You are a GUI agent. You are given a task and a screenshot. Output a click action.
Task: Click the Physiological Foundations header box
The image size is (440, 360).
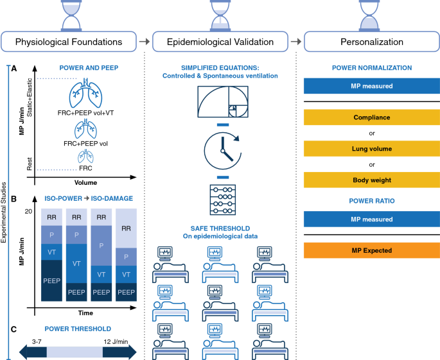click(x=69, y=42)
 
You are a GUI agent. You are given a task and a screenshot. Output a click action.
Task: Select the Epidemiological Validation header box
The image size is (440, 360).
click(x=220, y=42)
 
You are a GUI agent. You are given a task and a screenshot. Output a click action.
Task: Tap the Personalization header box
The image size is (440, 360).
click(x=372, y=42)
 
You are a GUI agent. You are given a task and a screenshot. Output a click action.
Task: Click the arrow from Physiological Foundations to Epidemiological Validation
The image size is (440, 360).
click(x=145, y=42)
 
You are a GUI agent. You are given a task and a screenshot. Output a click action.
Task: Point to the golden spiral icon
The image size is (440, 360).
click(x=223, y=101)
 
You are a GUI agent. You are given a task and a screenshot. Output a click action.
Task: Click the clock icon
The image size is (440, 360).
click(x=223, y=151)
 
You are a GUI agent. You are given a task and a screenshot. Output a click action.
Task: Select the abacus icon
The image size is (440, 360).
click(x=223, y=200)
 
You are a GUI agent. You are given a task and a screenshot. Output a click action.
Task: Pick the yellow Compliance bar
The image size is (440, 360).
click(x=372, y=117)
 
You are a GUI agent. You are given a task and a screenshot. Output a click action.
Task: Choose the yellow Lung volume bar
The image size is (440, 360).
click(x=372, y=149)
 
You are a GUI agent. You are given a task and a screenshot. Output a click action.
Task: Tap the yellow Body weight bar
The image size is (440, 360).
click(x=372, y=180)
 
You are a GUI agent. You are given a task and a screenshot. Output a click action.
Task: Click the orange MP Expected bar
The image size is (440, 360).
click(x=372, y=250)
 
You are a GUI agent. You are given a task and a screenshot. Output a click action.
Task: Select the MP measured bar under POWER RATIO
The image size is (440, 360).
click(x=372, y=219)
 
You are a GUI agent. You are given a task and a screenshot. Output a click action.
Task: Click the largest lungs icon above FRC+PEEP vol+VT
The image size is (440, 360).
click(x=85, y=93)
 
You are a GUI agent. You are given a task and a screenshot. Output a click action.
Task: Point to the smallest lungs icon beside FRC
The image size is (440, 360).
click(x=85, y=157)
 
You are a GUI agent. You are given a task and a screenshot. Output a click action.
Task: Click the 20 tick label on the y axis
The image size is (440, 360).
click(x=28, y=211)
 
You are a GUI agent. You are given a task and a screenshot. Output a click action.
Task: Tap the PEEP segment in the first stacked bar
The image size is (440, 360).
click(x=51, y=280)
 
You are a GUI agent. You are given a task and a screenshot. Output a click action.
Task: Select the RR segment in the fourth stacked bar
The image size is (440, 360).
click(x=127, y=228)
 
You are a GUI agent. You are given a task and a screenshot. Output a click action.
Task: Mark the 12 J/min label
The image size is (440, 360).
click(x=116, y=342)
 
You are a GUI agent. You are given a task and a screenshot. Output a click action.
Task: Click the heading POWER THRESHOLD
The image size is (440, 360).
click(x=78, y=329)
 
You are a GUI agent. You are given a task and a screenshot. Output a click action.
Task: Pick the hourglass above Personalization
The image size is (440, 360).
click(x=369, y=15)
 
